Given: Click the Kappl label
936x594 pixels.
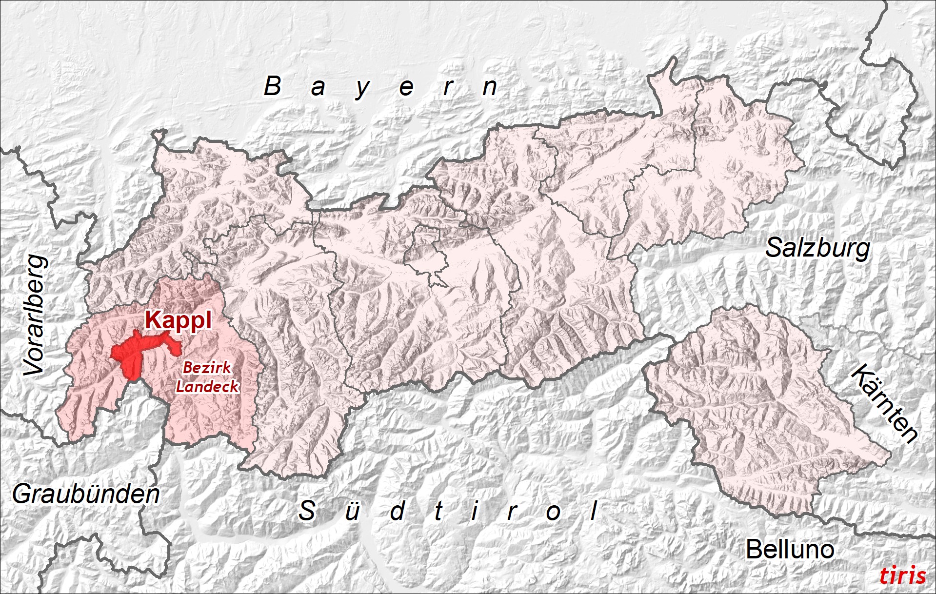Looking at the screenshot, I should pos(179,320).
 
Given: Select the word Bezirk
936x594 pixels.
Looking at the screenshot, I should pos(207,367).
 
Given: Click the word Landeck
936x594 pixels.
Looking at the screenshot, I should pos(207,387).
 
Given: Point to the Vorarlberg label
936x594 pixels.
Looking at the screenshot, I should pos(36,316).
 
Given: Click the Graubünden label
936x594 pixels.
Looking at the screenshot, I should pos(86,494).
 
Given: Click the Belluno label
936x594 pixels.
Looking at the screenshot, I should pos(790,550).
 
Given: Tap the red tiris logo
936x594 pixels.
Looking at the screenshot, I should pos(902,575).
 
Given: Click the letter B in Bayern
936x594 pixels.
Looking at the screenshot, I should pos(273,86).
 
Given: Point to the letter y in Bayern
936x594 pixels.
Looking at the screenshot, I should pos(362,89).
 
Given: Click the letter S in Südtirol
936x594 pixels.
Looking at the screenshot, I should pos(307,511).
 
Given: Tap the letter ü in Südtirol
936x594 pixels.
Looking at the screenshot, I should pos(352,511).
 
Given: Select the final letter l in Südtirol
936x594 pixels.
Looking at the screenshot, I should pos(594,511).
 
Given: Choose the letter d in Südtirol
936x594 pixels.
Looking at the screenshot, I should pos(398,511).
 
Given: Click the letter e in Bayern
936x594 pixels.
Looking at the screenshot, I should pos(406,88).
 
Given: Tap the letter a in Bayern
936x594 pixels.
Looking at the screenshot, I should pos(318,88).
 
